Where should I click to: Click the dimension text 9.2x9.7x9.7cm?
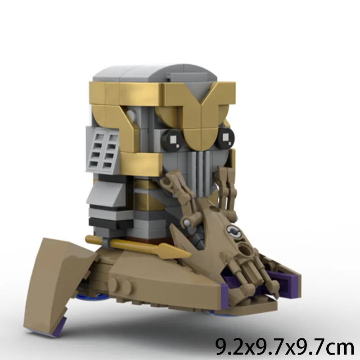tap(285, 346)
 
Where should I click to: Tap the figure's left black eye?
tap(172, 139)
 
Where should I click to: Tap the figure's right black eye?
tap(225, 137)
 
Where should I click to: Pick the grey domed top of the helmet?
tap(155, 73)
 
